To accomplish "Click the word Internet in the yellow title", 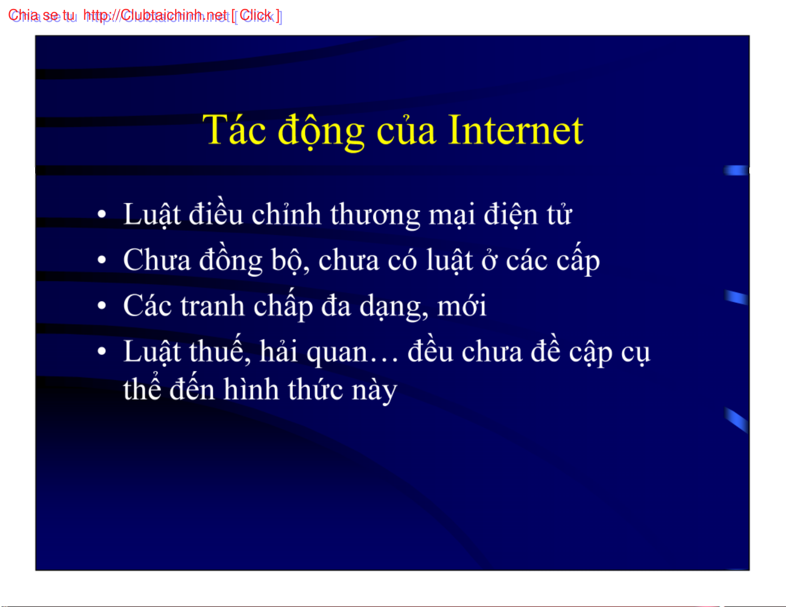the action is pos(515,130).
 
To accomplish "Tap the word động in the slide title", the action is pos(321,131).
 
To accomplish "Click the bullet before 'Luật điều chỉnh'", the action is pos(102,214).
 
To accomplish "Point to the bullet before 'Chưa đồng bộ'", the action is pos(102,260).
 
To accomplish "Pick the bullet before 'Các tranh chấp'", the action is pos(102,305).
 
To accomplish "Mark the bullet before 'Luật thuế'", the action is pos(102,351).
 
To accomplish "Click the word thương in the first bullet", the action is pos(375,216).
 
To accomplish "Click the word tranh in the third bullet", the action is pos(213,306).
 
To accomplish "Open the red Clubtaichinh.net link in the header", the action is pos(155,15).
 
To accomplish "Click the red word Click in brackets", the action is pos(255,15).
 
